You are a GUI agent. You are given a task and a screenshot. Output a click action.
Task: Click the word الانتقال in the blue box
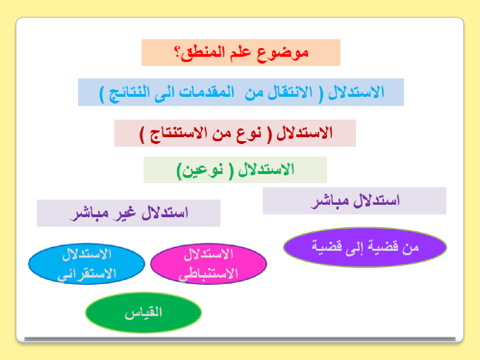291,92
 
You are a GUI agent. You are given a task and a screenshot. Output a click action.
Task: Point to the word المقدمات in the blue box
206,92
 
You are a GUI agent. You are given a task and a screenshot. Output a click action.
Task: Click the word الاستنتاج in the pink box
178,134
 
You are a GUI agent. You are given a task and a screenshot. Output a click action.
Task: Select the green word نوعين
203,171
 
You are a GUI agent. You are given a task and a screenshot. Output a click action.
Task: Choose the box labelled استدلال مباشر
354,201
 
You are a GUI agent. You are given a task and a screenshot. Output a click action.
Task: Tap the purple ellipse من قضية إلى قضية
365,247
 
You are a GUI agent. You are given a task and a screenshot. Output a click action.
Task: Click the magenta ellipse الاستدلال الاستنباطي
208,264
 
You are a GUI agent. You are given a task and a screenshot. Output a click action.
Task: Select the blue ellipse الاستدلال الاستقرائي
86,264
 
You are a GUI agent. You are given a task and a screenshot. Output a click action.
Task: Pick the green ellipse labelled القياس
144,312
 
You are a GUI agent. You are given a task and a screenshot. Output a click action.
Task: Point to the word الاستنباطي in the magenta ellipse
208,274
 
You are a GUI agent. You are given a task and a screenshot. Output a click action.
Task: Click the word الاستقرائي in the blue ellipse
86,274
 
